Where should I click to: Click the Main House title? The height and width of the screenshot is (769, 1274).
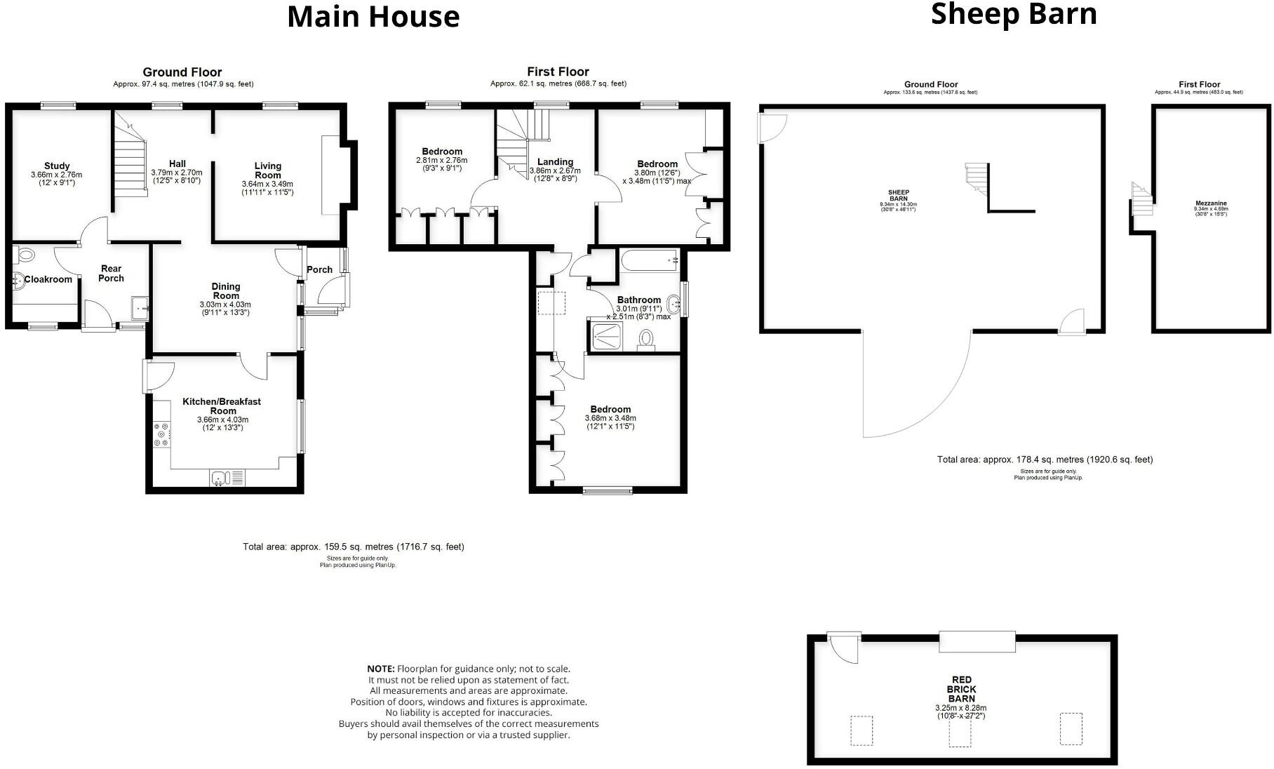373,17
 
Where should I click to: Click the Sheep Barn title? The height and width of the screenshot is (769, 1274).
1013,14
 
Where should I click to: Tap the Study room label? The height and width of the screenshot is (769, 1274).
57,166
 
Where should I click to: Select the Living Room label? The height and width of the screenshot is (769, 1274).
267,170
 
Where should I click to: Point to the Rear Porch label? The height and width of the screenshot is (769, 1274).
111,273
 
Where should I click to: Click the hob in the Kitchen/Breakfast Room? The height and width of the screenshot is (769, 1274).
161,434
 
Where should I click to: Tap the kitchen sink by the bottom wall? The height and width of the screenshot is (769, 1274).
220,479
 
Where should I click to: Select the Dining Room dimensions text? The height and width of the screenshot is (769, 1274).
224,308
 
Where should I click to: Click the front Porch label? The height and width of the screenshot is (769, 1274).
319,269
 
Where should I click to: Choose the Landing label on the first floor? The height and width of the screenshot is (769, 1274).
555,161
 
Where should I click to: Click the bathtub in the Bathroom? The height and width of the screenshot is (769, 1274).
649,261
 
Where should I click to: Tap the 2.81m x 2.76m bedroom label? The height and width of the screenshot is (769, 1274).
442,152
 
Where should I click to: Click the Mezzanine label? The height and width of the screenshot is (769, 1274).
1211,203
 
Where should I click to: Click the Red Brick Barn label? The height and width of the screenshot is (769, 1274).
961,689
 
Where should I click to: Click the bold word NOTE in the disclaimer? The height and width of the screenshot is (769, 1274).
381,669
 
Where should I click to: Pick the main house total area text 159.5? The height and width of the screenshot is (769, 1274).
354,547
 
